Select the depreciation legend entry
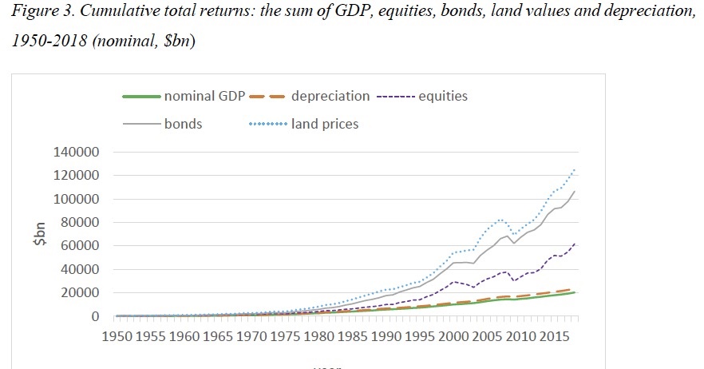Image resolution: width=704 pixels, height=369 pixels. pyautogui.click(x=330, y=96)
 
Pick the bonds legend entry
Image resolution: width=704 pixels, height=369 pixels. pyautogui.click(x=183, y=125)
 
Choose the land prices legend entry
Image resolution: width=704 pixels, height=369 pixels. pyautogui.click(x=325, y=125)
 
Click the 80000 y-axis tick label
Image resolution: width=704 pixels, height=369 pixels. pyautogui.click(x=81, y=223)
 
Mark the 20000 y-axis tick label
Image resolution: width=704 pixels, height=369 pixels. pyautogui.click(x=81, y=293)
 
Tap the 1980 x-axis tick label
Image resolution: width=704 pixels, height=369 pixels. pyautogui.click(x=318, y=337)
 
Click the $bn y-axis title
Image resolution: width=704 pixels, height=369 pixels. pyautogui.click(x=49, y=235)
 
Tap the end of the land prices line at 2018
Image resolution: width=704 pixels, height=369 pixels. pyautogui.click(x=575, y=169)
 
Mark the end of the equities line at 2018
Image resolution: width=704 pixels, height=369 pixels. pyautogui.click(x=575, y=244)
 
